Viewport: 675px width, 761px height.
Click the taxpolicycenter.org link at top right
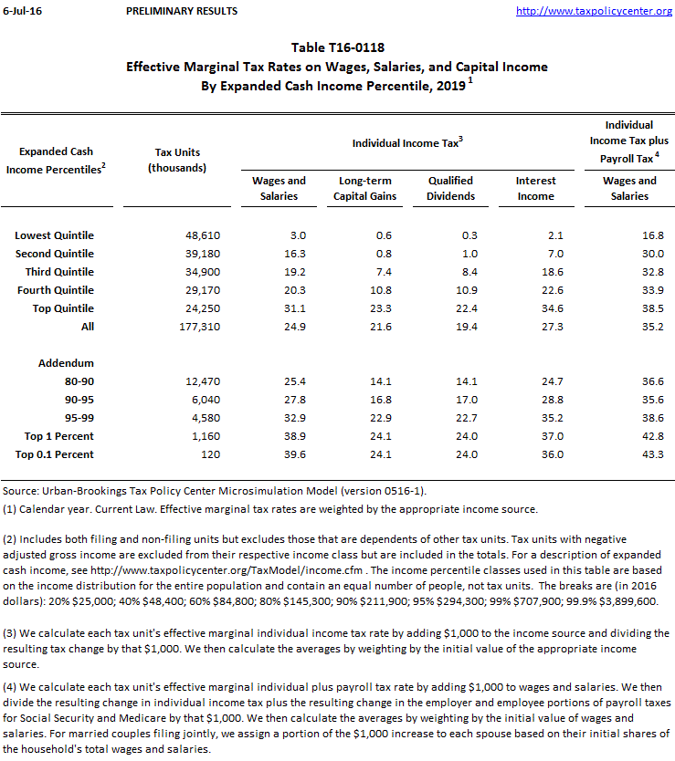594,11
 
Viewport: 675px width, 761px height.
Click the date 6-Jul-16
22,11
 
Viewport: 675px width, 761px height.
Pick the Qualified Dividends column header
451,188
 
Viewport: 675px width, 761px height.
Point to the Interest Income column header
535,188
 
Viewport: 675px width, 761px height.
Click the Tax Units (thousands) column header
177,160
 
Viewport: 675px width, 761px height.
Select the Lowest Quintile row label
55,235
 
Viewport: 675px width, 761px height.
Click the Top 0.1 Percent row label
55,453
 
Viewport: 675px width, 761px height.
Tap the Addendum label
66,362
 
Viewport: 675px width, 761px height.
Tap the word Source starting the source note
21,491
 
